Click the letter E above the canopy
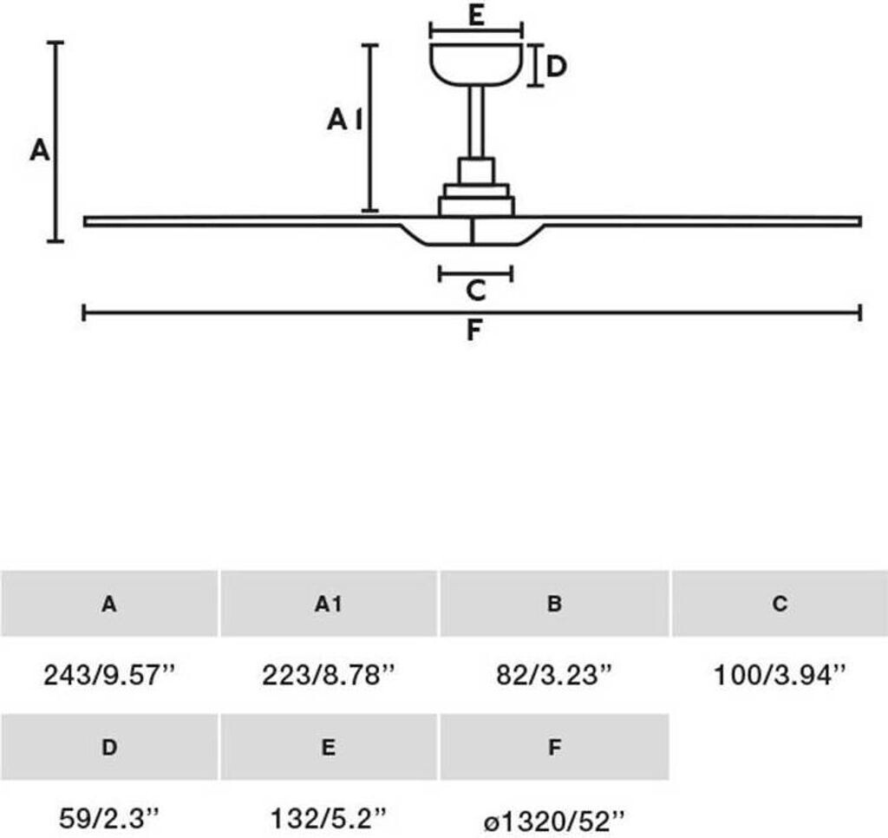pos(476,15)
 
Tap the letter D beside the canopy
pos(556,66)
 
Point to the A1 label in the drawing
pos(344,120)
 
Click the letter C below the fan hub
pos(476,291)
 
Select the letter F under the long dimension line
pos(474,331)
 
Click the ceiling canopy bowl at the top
pos(476,64)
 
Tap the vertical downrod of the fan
pos(476,121)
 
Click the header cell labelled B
pos(554,604)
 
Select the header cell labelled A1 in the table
pos(329,604)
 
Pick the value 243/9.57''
pos(110,675)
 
